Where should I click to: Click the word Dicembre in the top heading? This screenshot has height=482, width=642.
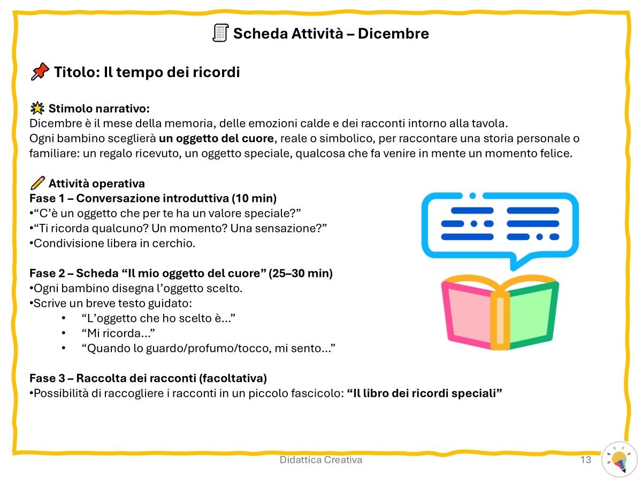393,33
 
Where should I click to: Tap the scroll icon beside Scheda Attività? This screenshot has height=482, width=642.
220,33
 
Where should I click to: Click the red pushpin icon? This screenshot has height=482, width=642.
40,71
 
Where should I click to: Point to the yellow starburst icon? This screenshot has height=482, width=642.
37,108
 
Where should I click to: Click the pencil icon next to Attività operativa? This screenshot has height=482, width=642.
38,183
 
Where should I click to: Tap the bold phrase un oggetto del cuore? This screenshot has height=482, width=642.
216,138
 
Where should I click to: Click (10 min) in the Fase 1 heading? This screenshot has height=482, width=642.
254,198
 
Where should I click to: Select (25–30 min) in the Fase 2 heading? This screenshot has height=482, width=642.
300,273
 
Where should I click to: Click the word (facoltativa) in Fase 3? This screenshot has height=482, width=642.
233,378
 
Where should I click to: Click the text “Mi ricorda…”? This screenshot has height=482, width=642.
118,333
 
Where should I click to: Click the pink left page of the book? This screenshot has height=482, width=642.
469,315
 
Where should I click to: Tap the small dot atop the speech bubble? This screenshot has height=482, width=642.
472,196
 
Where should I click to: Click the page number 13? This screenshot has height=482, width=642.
585,460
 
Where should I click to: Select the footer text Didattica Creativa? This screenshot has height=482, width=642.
321,460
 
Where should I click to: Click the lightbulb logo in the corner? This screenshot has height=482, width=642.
619,460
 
